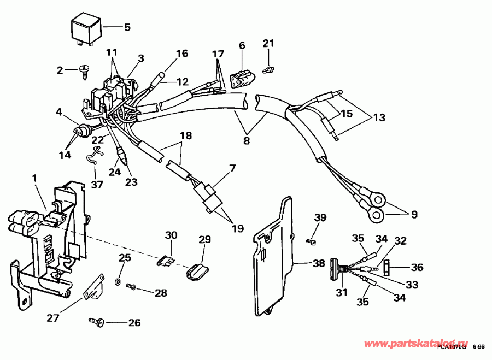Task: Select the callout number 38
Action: (318, 263)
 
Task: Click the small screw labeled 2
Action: (85, 70)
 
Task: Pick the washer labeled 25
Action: (118, 282)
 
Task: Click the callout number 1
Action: (35, 178)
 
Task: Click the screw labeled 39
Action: (311, 240)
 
